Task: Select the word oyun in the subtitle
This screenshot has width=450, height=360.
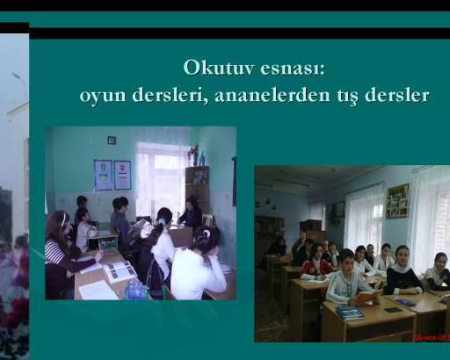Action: pos(103,96)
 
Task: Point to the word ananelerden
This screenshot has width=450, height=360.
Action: pos(272,95)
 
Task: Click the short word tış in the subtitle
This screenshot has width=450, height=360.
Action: pos(347,96)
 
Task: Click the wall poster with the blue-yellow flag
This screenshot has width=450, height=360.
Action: pos(103,175)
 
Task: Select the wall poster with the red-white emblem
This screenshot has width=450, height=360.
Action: pos(122,175)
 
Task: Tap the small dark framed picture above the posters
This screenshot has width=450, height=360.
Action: pos(112,140)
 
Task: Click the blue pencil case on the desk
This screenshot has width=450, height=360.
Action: pos(135,289)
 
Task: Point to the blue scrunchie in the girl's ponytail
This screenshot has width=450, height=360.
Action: pos(162,221)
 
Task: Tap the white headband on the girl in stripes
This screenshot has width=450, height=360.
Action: pos(63,220)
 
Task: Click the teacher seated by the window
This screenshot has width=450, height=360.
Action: pos(191,212)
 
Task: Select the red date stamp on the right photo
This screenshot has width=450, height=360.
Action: pos(432,337)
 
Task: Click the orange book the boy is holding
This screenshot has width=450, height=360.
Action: pos(368,296)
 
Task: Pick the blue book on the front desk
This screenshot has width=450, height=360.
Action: pos(350,312)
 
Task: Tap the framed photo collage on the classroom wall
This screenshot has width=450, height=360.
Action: pos(397,201)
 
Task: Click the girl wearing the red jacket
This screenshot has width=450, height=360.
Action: pos(315,262)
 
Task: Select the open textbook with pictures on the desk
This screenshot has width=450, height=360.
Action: pos(120,271)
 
